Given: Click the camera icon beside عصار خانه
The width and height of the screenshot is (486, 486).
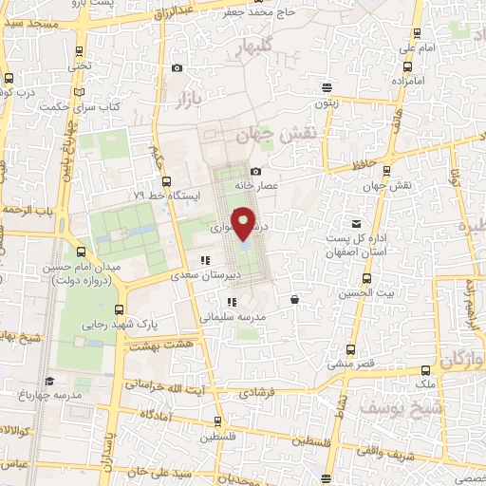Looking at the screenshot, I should pos(255,170).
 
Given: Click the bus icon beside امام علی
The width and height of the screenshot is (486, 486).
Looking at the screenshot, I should pos(408,67).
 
